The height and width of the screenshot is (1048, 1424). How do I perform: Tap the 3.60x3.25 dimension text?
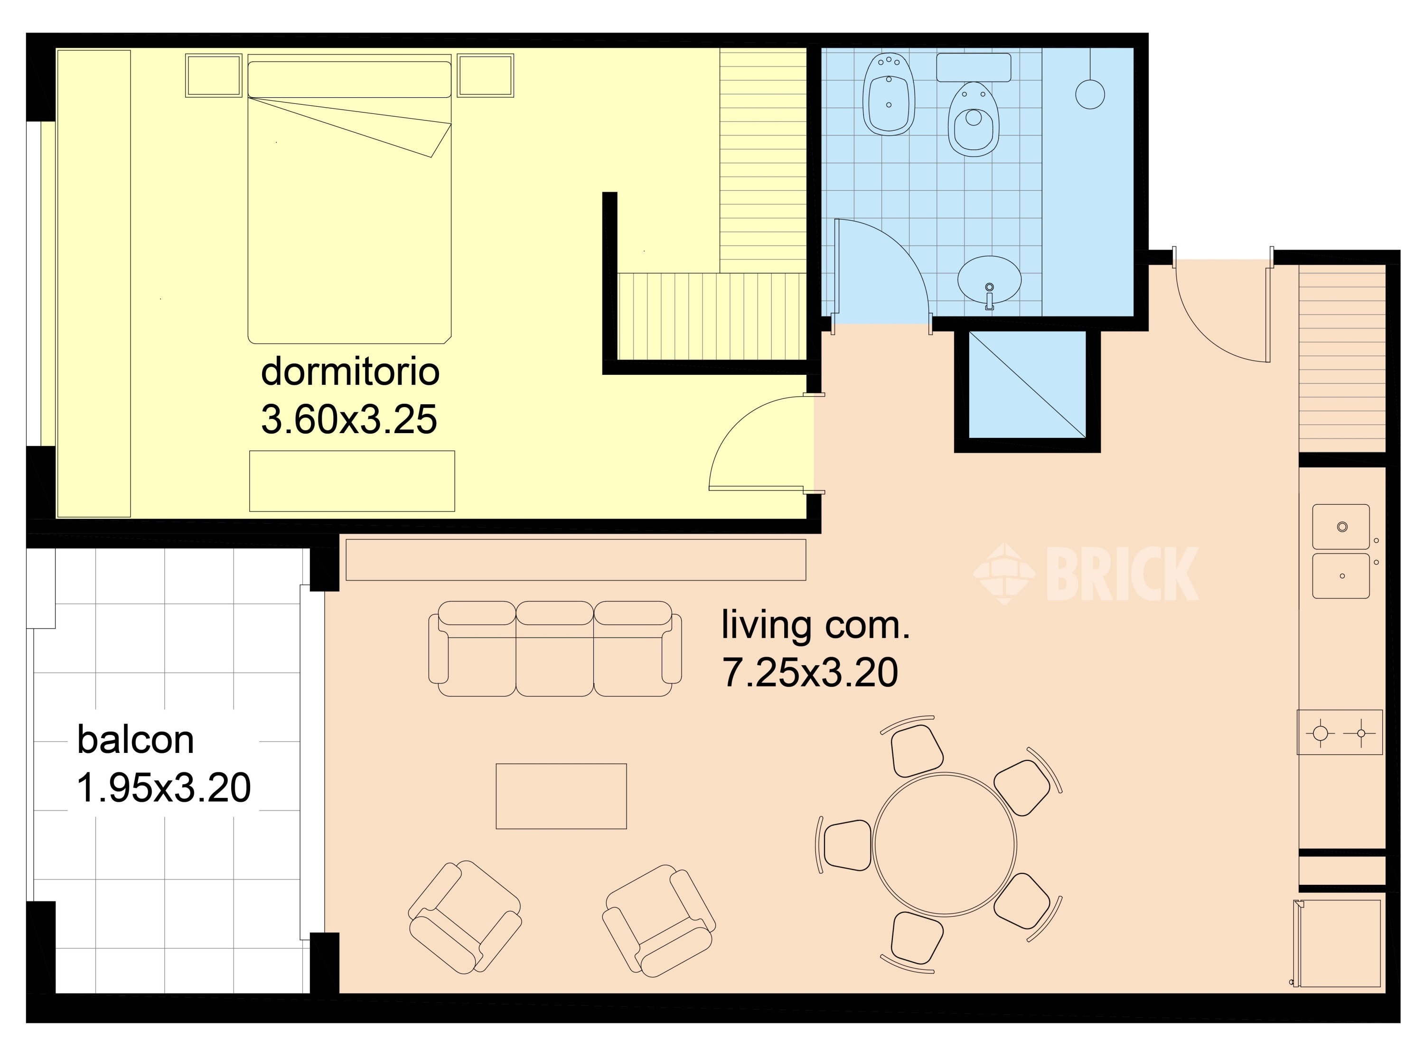click(349, 419)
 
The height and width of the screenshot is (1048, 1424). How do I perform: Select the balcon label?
click(135, 740)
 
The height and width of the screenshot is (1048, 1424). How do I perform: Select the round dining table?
click(944, 844)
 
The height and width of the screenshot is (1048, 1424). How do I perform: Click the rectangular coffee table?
click(561, 796)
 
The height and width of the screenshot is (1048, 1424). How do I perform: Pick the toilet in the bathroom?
click(974, 119)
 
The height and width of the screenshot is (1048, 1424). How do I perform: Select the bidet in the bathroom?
click(889, 94)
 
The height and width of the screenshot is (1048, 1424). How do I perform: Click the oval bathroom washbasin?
click(989, 280)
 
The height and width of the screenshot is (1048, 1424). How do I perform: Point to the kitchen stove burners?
click(1340, 733)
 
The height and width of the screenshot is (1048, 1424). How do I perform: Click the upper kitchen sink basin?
click(1341, 527)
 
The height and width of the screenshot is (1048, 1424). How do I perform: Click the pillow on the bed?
click(349, 79)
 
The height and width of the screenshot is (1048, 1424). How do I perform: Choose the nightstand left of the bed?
click(214, 75)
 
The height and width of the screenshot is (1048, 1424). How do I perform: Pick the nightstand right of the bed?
click(486, 75)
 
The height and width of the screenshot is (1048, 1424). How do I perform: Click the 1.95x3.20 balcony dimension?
click(164, 788)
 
